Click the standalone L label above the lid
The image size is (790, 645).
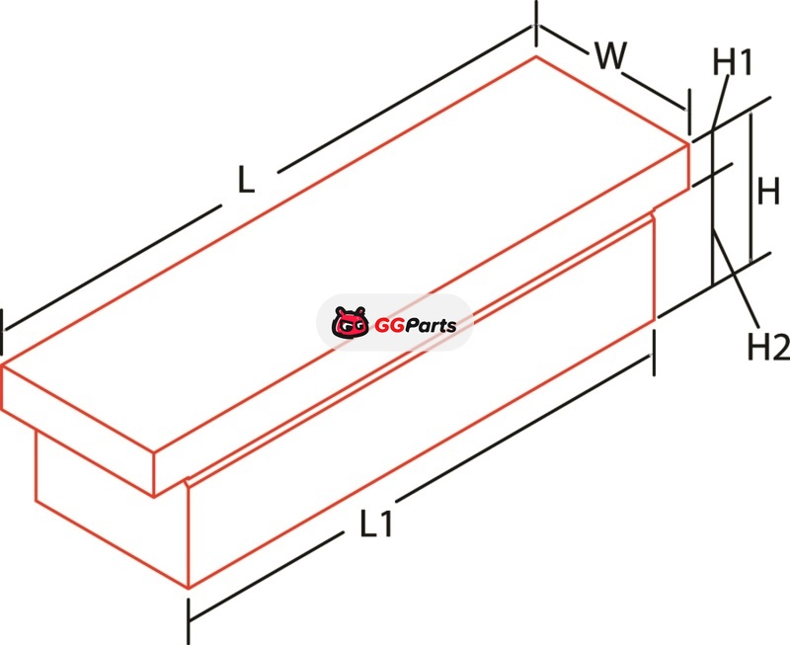(246, 178)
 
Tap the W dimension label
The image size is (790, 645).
(610, 58)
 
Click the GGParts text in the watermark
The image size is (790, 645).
(415, 324)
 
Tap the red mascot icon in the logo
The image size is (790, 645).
(350, 323)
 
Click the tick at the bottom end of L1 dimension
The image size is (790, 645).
(189, 617)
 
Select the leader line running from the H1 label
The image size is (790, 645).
(719, 105)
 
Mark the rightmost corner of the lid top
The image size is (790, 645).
(688, 143)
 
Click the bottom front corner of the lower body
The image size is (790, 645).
(188, 589)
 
